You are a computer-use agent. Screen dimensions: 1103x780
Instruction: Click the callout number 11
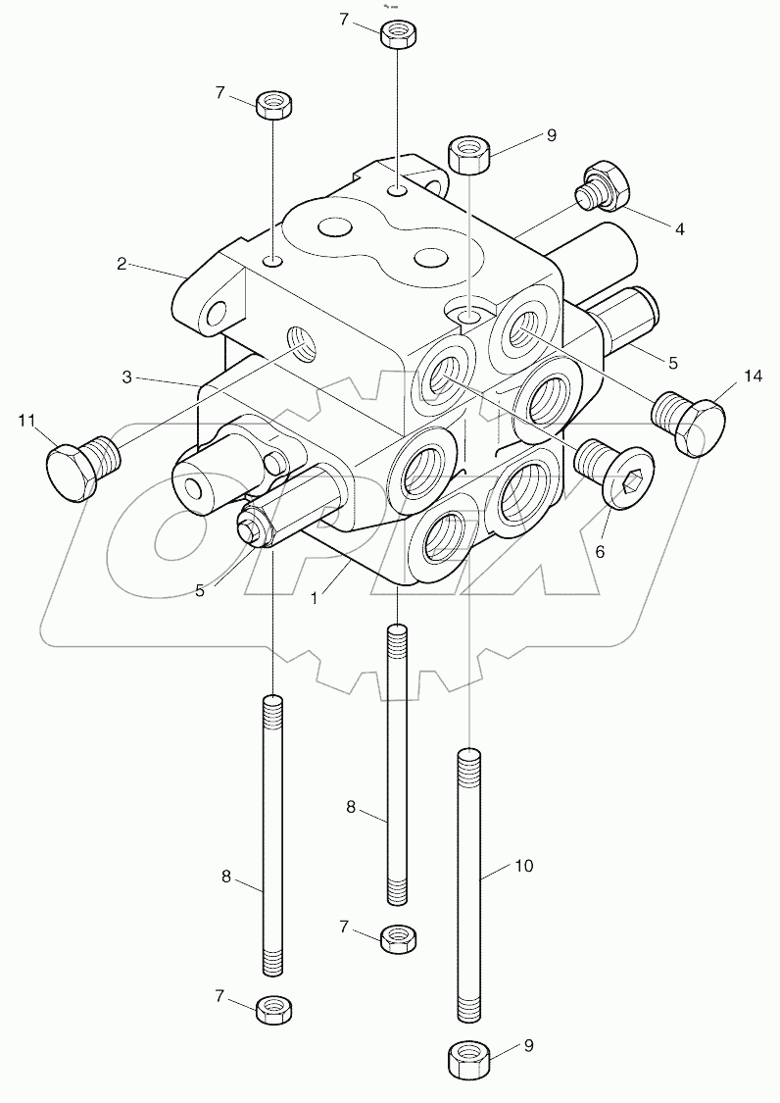[x=27, y=424]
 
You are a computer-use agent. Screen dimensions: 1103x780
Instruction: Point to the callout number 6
[x=600, y=552]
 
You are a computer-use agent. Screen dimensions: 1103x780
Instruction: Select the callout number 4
[x=679, y=228]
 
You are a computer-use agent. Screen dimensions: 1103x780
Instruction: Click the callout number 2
[x=122, y=263]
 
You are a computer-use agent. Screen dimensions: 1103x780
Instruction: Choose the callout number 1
[x=314, y=597]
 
